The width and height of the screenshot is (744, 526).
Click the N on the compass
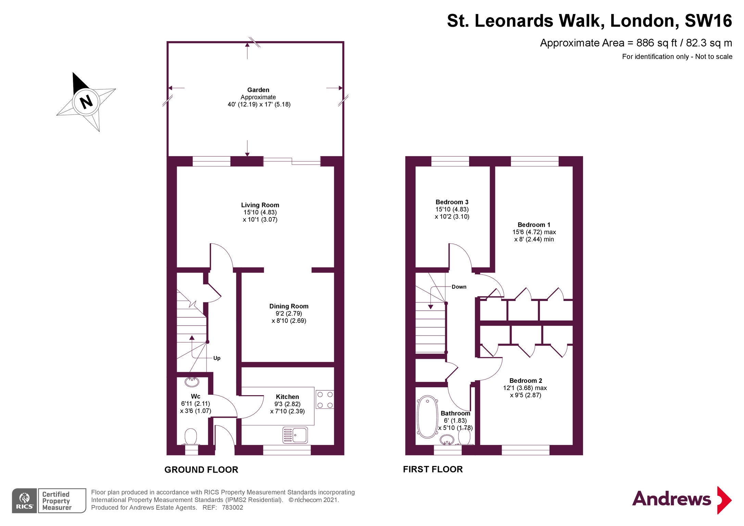click(x=86, y=102)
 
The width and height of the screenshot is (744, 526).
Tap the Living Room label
click(x=260, y=205)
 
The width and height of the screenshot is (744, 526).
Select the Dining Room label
click(x=289, y=306)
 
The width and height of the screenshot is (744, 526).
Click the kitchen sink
click(x=295, y=435)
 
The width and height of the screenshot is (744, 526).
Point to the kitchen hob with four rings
click(x=325, y=400)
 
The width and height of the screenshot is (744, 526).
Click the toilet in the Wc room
click(x=191, y=437)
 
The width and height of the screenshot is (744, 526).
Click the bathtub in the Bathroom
click(x=427, y=417)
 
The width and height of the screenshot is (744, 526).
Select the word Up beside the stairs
click(x=217, y=358)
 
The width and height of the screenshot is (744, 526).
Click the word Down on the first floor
click(x=459, y=287)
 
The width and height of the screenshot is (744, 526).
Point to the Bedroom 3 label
click(x=452, y=202)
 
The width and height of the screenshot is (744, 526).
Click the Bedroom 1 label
click(x=534, y=225)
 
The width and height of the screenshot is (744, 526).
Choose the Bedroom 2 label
click(x=526, y=381)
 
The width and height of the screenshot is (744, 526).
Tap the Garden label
click(x=258, y=90)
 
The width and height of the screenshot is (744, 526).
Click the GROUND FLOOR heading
click(x=201, y=470)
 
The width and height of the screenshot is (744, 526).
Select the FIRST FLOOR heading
click(x=433, y=469)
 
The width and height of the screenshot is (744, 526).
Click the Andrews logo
click(x=682, y=500)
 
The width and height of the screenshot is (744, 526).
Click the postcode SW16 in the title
click(x=708, y=21)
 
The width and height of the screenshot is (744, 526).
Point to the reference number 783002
click(x=232, y=508)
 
